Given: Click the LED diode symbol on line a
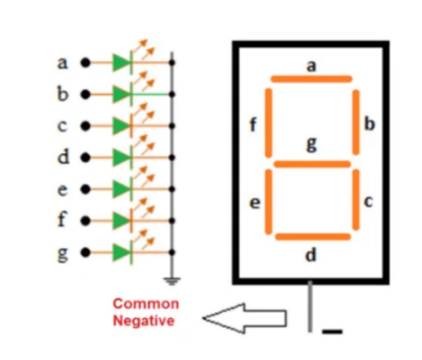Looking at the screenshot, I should point(120,62).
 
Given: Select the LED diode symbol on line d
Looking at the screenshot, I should point(120,157).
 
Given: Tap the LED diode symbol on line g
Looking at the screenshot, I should point(120,252).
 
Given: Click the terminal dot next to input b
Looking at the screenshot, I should point(86,94).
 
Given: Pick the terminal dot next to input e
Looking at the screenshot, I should point(86,189).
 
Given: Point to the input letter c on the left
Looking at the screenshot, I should point(63,125).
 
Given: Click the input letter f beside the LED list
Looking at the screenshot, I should point(63,220).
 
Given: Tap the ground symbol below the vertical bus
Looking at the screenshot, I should point(171,279).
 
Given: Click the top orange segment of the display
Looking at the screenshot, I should point(311,79).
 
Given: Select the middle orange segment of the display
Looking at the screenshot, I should point(311,164).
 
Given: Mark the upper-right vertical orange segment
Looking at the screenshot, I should point(356,122).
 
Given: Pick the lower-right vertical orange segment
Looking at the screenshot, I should point(356,200).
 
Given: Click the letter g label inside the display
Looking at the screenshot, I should point(312,145).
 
